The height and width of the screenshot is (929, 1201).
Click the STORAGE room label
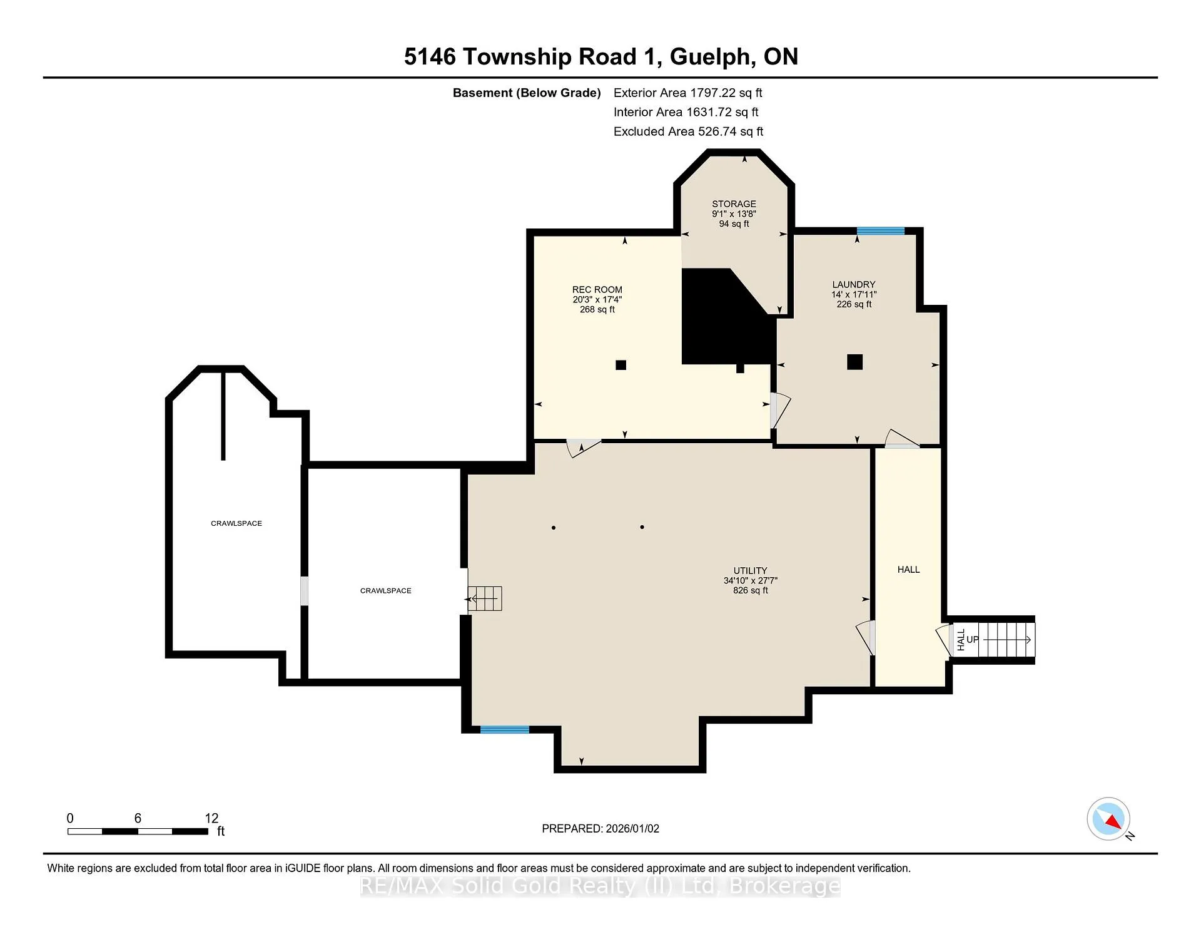(734, 204)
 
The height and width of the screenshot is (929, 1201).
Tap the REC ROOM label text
(597, 290)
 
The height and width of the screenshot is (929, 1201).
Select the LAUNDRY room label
(854, 285)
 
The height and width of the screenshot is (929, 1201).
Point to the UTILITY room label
(750, 571)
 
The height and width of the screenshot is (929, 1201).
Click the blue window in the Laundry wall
(881, 231)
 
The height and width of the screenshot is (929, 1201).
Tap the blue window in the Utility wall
(505, 729)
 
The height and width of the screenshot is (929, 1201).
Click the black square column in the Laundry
(855, 362)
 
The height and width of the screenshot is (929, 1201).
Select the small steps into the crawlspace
(485, 598)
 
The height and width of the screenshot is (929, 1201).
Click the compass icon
(1109, 819)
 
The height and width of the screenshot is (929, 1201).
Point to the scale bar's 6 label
(138, 818)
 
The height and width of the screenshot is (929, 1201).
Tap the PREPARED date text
(600, 828)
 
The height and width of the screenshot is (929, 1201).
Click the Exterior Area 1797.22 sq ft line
(688, 93)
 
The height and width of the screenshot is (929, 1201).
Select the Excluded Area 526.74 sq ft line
(689, 131)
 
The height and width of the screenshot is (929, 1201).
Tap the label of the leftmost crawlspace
(236, 523)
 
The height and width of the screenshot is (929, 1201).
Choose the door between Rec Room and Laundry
(779, 410)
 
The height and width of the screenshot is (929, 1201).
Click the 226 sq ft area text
(854, 304)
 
